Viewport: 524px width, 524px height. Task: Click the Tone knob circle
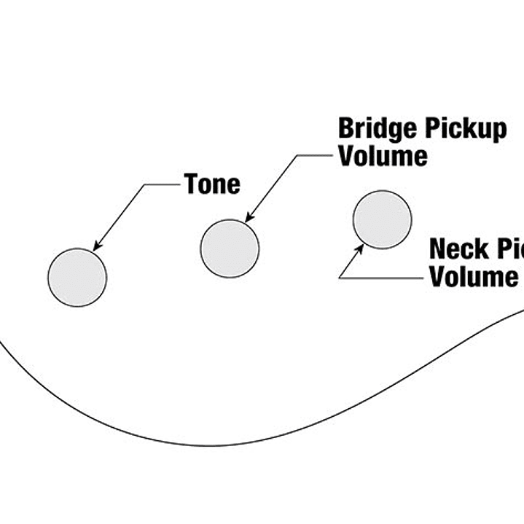point(77,277)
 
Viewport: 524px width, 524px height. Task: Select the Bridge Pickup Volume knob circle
point(230,249)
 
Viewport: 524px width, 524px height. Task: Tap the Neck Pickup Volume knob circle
point(382,219)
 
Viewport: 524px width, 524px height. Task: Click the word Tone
point(211,184)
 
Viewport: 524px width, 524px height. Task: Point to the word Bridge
point(377,129)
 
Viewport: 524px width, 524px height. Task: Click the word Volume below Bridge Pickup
point(382,156)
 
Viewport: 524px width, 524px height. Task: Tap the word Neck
point(457,249)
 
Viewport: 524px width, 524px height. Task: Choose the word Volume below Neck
point(473,277)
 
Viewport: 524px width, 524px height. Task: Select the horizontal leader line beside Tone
point(163,184)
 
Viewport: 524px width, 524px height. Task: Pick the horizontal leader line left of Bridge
point(315,155)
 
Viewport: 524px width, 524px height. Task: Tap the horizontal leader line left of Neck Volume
point(380,278)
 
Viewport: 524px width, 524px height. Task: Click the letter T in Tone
point(192,184)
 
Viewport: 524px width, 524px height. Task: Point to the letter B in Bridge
point(346,129)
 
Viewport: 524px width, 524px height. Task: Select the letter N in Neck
point(437,249)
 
